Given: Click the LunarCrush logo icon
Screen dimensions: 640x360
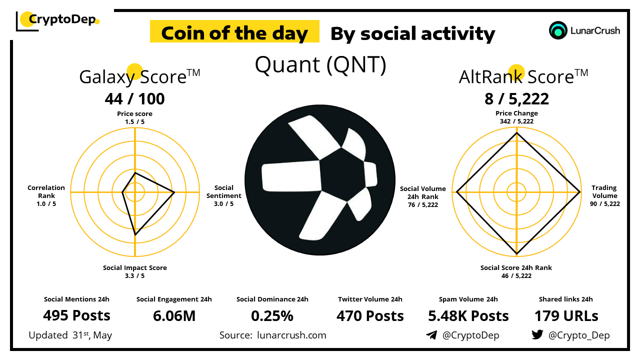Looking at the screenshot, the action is tap(558, 30).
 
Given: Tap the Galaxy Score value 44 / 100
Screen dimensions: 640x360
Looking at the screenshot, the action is tap(134, 99).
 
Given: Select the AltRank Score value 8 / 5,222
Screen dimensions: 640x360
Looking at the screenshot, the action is tap(516, 99).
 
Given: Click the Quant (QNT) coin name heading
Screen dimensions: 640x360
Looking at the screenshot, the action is tap(320, 64).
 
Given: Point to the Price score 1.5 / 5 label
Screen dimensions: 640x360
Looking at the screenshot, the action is tap(134, 117).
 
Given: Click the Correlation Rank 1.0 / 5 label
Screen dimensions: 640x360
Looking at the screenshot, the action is tap(46, 195).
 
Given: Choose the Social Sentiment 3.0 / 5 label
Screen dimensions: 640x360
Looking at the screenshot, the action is tap(223, 195).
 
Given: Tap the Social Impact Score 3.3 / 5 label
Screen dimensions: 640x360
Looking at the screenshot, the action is tap(135, 271).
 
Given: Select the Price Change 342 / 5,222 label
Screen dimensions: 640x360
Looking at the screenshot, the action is tap(516, 117).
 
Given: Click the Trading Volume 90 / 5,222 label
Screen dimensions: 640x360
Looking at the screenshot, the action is tap(605, 195).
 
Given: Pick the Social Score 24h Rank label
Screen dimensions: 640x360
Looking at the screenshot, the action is tap(516, 267).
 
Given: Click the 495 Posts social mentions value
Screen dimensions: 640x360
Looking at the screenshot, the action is tap(76, 315).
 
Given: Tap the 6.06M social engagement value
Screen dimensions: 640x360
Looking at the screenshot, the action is tap(174, 316).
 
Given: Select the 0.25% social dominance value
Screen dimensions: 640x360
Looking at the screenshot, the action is tap(272, 316).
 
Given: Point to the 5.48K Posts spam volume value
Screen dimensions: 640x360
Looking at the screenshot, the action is tap(468, 316).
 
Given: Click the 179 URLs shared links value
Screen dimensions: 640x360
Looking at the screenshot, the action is tap(566, 316).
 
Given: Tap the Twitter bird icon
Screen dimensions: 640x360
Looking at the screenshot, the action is tap(537, 334).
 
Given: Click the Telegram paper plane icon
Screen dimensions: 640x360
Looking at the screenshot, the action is tap(431, 335).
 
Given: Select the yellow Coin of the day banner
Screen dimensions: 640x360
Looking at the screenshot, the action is tap(234, 31).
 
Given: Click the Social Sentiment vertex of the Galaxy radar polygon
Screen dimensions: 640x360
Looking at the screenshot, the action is tap(174, 192).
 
